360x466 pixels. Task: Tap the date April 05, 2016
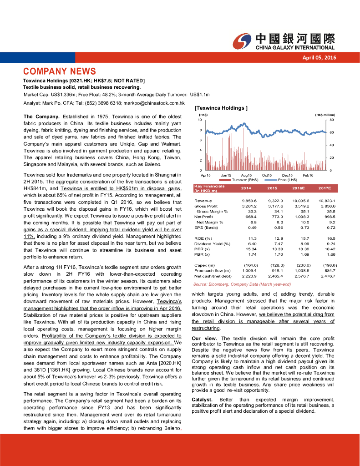click(x=319, y=57)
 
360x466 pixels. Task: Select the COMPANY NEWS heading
click(x=60, y=71)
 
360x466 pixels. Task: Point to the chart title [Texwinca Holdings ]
click(x=221, y=108)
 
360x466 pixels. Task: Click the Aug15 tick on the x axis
click(x=246, y=175)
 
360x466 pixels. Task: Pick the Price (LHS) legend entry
click(x=287, y=180)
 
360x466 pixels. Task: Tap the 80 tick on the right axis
click(x=332, y=120)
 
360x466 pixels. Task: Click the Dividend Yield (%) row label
click(x=212, y=244)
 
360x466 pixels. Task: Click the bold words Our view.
click(x=205, y=339)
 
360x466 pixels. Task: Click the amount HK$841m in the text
click(x=36, y=188)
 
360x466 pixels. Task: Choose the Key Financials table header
click(x=209, y=188)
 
